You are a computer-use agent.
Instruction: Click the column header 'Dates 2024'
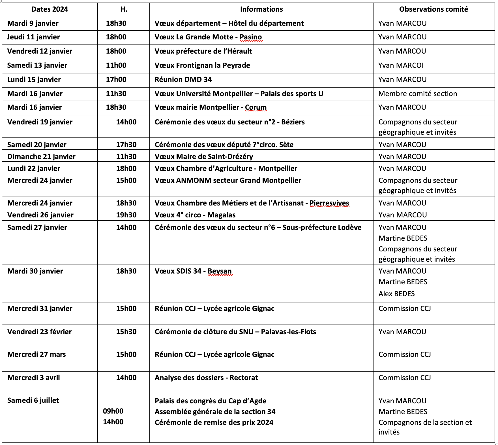tap(50, 9)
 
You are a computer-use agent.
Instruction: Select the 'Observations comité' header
tap(433, 9)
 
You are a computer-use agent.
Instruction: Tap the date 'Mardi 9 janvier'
tap(33, 24)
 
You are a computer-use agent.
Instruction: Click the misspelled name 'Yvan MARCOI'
tap(401, 65)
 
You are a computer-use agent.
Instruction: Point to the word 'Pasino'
tap(251, 37)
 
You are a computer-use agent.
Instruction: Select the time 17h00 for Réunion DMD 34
tap(116, 80)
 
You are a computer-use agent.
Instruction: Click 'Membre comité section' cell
tap(418, 94)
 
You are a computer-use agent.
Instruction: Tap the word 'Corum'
tap(256, 107)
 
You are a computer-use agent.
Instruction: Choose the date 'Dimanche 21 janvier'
tap(41, 157)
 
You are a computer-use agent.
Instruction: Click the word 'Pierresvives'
tap(329, 203)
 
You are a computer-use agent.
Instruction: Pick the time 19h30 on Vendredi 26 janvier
tap(126, 215)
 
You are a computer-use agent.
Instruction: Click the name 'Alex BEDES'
tap(396, 294)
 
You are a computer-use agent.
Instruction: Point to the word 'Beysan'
tap(220, 271)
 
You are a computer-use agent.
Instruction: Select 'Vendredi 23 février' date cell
tap(40, 332)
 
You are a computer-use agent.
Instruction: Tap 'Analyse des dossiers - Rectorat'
tap(206, 378)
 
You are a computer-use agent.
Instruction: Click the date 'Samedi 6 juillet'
tap(33, 400)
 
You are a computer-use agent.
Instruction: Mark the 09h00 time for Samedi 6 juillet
tap(113, 411)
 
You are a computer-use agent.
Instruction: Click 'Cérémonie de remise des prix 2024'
tap(214, 423)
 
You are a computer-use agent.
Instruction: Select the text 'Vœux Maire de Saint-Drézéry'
tap(204, 157)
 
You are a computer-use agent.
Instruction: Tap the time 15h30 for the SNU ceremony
tap(126, 332)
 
